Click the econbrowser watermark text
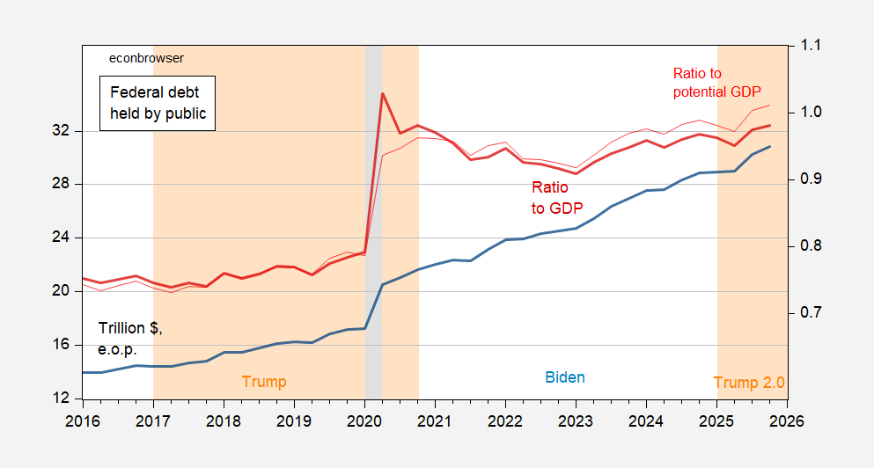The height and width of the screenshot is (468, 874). tap(146, 58)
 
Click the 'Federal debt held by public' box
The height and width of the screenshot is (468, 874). tap(158, 102)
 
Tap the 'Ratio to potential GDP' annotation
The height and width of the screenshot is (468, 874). tap(716, 83)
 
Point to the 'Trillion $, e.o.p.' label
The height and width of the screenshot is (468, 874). tap(130, 338)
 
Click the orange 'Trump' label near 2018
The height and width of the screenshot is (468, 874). tap(264, 382)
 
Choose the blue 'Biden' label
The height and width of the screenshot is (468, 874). tap(565, 377)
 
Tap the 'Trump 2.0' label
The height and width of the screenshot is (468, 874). tap(748, 383)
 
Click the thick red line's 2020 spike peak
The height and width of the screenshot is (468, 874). tap(382, 93)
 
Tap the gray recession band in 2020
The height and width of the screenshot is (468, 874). tap(373, 220)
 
